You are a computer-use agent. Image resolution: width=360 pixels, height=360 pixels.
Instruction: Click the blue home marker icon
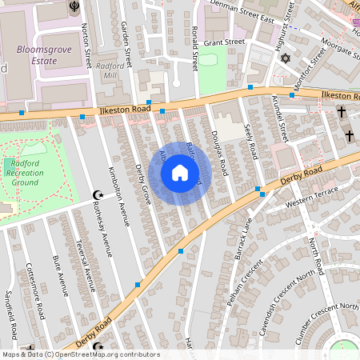pyautogui.click(x=180, y=173)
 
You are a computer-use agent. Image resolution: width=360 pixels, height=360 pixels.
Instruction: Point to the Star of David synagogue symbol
pyautogui.click(x=286, y=58)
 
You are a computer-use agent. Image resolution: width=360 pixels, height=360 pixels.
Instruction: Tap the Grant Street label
pyautogui.click(x=223, y=42)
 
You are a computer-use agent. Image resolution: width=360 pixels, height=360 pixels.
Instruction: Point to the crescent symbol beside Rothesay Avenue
pyautogui.click(x=99, y=195)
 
